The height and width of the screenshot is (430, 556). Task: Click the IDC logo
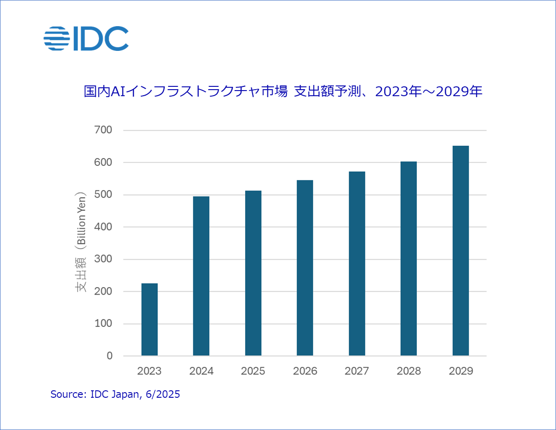click(x=86, y=38)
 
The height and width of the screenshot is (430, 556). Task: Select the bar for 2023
click(x=149, y=319)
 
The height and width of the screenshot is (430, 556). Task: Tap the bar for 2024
click(x=201, y=276)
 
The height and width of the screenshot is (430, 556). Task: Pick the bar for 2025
click(x=253, y=273)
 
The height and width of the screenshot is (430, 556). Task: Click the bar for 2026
click(x=305, y=268)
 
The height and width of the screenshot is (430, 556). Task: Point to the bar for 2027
click(x=357, y=263)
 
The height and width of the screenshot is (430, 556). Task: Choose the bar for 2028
click(x=408, y=259)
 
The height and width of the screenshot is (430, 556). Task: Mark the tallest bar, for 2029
click(x=460, y=251)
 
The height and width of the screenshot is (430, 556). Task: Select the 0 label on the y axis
click(x=109, y=356)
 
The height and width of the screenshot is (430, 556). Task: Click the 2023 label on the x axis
click(x=149, y=371)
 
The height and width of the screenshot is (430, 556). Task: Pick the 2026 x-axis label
click(x=305, y=371)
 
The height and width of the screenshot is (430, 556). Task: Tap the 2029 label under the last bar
click(x=460, y=371)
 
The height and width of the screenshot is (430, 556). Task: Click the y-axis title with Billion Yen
click(x=82, y=242)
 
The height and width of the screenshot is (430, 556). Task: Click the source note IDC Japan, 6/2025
click(x=115, y=395)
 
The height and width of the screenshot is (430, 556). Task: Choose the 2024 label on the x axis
click(x=201, y=371)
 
